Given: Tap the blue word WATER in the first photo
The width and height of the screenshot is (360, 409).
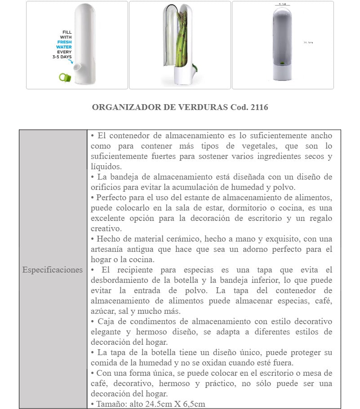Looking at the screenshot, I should [64, 47].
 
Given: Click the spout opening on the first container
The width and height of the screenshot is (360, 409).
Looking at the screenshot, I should [78, 67].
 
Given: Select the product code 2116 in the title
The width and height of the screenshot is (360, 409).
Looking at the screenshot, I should [259, 107].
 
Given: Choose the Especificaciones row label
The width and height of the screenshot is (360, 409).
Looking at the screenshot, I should [53, 270].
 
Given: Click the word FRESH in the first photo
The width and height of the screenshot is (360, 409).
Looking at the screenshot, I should [64, 42].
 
